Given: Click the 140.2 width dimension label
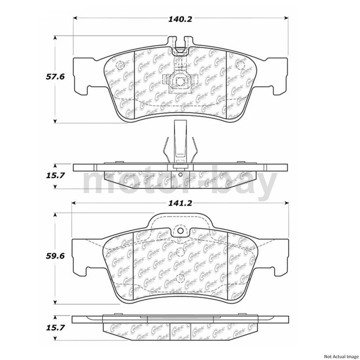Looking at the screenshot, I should point(180,19).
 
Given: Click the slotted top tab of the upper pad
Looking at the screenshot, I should point(179,44).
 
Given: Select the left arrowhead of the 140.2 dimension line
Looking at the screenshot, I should point(75,18).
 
